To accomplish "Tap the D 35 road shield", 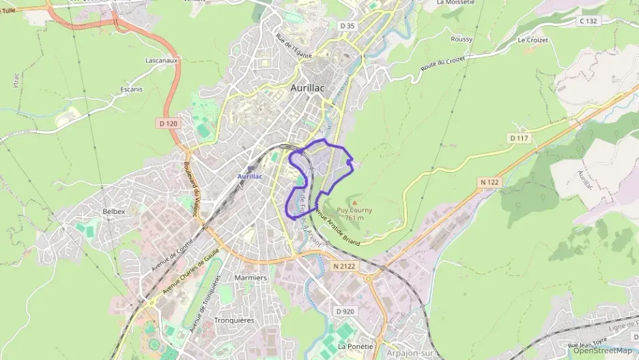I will coord(347,26).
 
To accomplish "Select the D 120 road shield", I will coord(168,124).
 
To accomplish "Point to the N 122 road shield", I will coord(490,182).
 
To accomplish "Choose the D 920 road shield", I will coord(345,311).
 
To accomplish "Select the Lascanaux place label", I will coord(162,60).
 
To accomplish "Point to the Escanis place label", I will coord(131,89).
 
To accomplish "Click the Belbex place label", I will coord(113,212).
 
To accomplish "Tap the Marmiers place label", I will coord(250,278).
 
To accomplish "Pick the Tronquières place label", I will coord(233,320).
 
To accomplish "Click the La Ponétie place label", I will coord(355,346).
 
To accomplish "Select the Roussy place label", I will coord(461,40).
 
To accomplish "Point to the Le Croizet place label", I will coord(532,40).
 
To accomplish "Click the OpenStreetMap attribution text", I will coord(602,350).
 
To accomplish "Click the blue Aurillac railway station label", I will coord(249,176).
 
